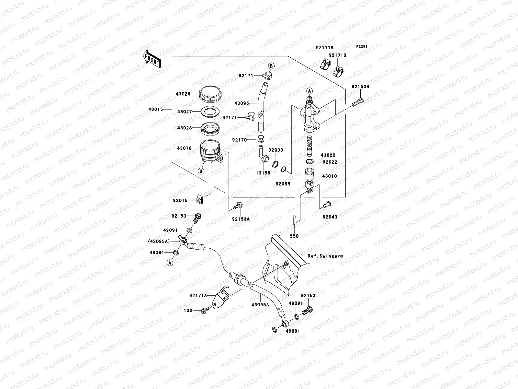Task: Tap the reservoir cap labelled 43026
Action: (210, 94)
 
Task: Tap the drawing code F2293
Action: (362, 46)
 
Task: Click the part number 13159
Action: (263, 173)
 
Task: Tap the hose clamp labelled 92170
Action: (260, 140)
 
